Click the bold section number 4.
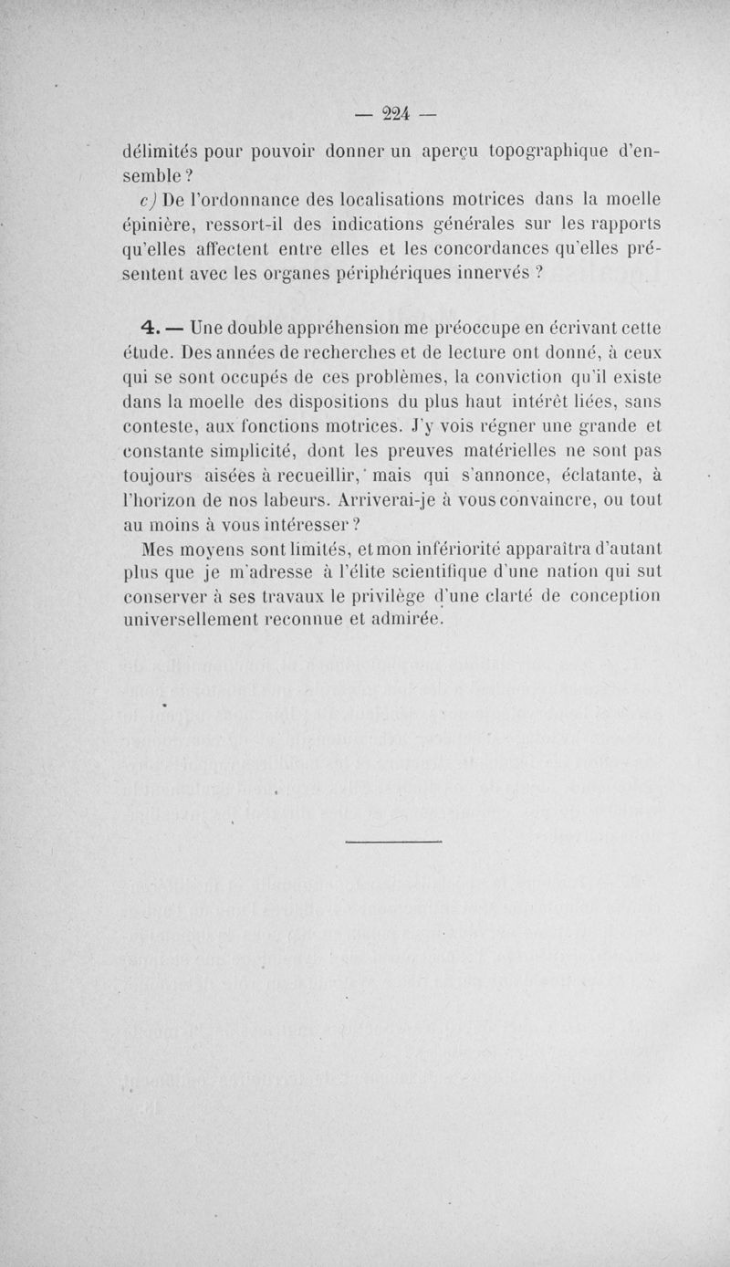tap(151, 327)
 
